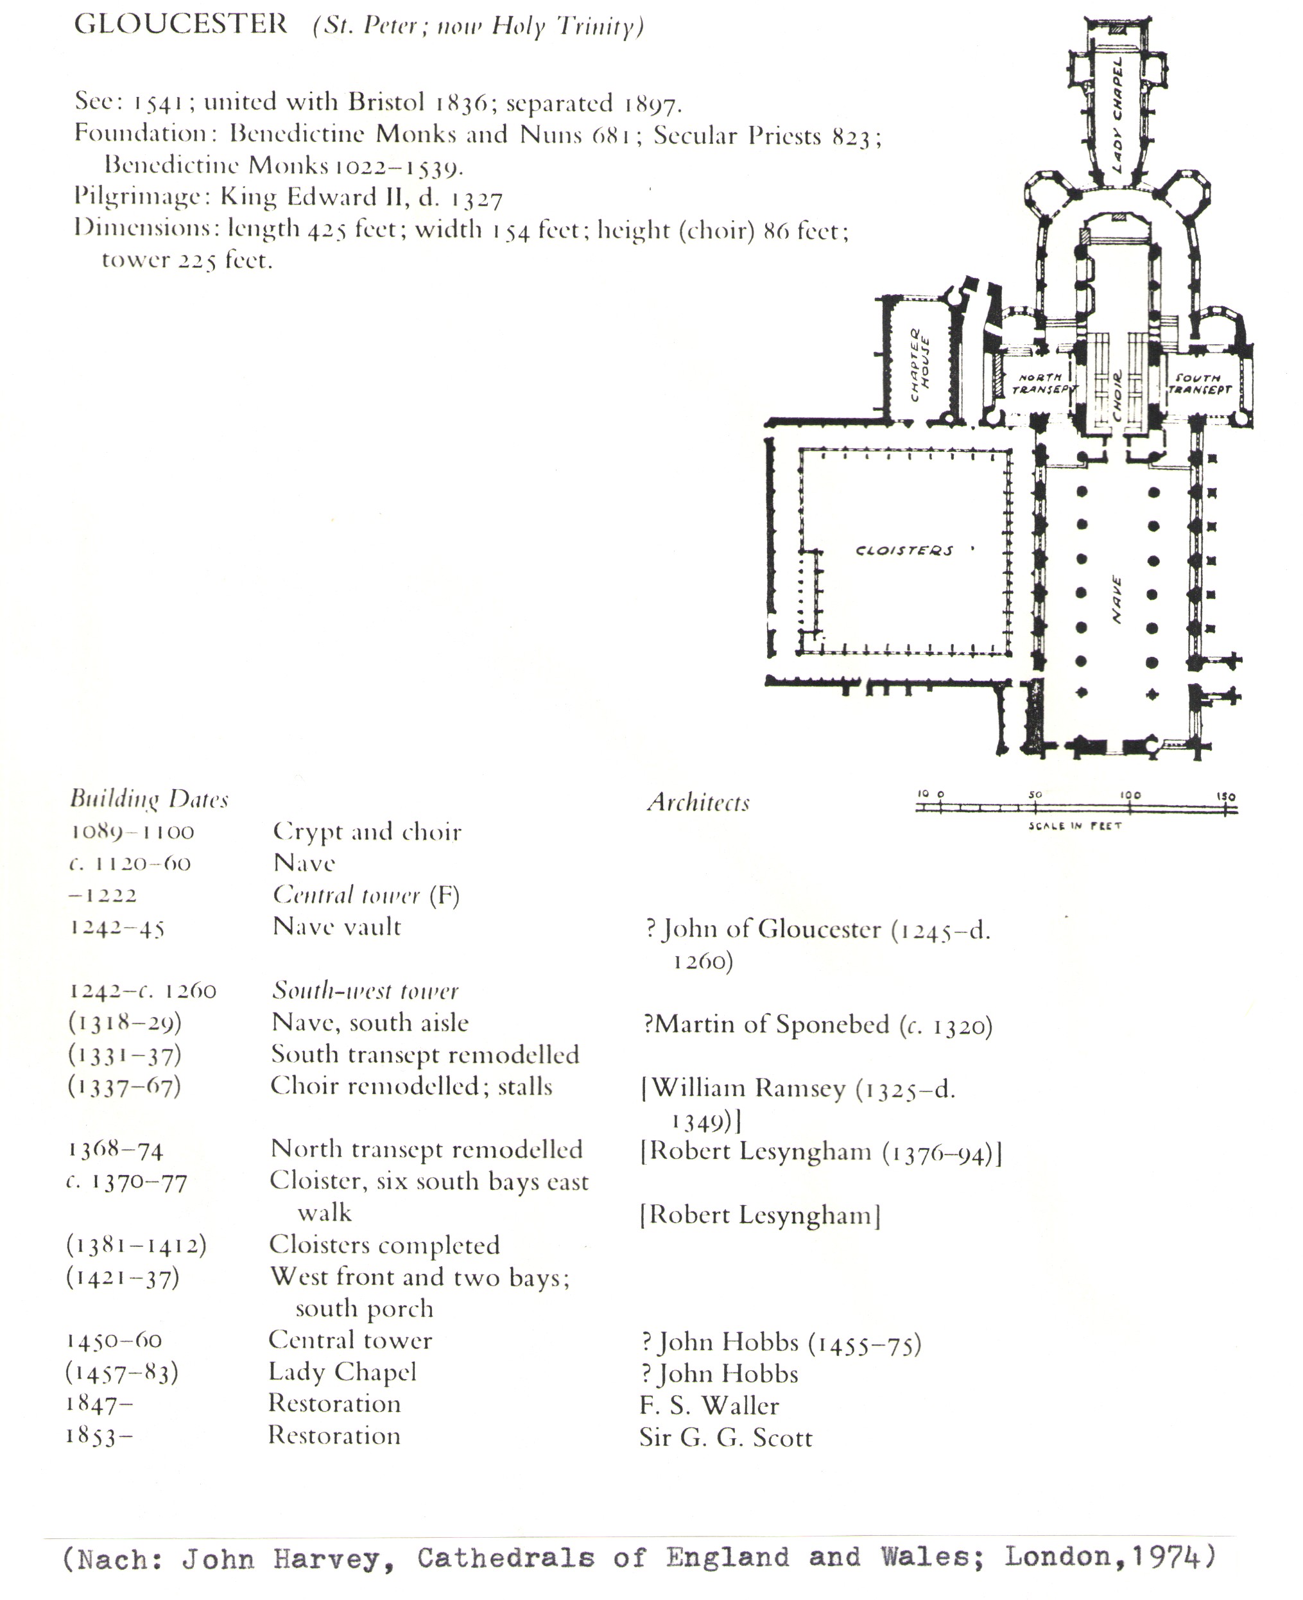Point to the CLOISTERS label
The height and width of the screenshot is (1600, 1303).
tap(904, 550)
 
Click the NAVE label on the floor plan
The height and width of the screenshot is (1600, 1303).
tap(1116, 599)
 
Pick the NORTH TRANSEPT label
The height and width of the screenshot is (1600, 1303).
tap(1042, 383)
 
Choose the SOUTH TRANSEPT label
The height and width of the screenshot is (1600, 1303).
tap(1200, 383)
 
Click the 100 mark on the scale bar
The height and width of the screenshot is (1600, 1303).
tap(1130, 794)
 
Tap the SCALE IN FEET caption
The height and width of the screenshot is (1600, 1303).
tap(1075, 826)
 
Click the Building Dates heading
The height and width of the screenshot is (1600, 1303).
tap(149, 799)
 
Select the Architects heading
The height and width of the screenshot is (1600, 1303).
tap(698, 803)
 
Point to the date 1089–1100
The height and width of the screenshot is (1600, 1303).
tap(133, 832)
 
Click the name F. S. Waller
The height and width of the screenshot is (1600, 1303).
tap(709, 1405)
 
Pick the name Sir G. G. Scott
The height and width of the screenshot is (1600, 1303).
tap(726, 1437)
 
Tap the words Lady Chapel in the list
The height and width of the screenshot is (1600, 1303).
tap(342, 1372)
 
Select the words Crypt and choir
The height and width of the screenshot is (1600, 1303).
tap(367, 832)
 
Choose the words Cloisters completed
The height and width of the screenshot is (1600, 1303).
tap(384, 1245)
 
